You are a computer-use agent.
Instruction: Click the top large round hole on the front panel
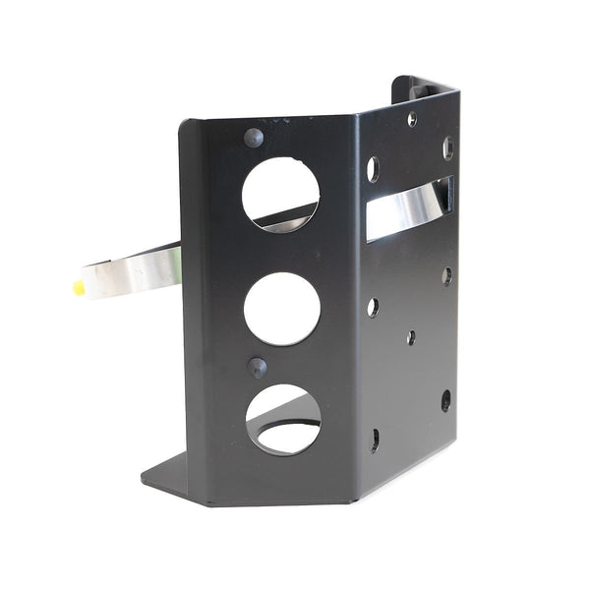coord(280,194)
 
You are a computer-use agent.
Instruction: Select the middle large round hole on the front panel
coord(281,308)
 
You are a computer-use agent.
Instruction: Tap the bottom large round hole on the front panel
coord(283,419)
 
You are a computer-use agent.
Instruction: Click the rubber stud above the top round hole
coord(253,137)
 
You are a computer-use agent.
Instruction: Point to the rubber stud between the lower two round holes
coord(257,367)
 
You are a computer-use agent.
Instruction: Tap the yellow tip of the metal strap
coord(79,287)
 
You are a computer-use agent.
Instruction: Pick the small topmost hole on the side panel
coord(412,120)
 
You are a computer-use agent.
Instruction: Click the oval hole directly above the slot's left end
coord(373,168)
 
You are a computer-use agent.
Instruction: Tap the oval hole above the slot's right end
coord(447,147)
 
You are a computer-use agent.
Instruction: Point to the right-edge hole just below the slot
coord(446,276)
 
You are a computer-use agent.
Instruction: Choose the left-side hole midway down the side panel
coord(373,307)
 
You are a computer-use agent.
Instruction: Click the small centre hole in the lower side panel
coord(410,337)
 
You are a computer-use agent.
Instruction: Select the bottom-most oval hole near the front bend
coord(375,439)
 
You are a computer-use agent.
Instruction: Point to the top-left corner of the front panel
coord(183,124)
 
